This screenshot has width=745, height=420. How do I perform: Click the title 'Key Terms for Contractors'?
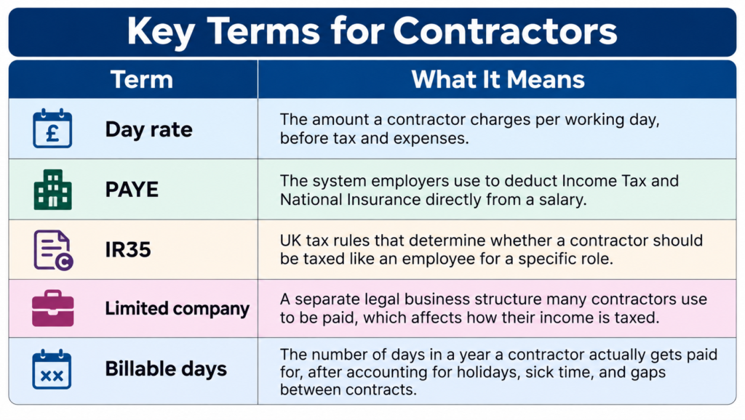(x=372, y=31)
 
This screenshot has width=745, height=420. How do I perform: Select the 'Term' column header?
(x=142, y=79)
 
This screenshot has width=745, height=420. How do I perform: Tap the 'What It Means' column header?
(x=498, y=79)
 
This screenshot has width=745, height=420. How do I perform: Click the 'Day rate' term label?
(x=148, y=129)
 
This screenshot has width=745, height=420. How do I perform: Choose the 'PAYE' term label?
(x=132, y=190)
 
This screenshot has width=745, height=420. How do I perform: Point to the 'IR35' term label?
(x=128, y=250)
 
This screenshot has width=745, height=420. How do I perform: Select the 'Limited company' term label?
(x=178, y=309)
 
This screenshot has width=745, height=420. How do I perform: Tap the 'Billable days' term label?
(x=166, y=368)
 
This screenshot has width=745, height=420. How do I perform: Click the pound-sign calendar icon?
(x=52, y=128)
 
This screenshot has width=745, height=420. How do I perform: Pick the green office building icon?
(x=52, y=190)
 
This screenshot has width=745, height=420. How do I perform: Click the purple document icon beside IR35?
(x=53, y=250)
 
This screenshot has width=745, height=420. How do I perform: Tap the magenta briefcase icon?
(x=52, y=309)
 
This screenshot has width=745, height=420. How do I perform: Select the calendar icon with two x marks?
(x=52, y=369)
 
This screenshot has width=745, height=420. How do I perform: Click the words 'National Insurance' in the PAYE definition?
(x=350, y=200)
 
